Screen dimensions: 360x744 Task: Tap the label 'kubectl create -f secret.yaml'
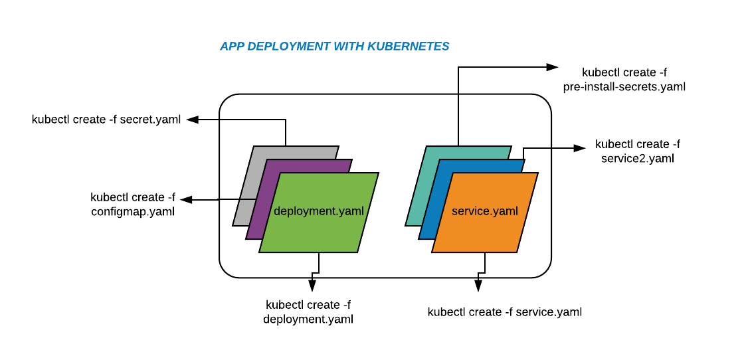[106, 120]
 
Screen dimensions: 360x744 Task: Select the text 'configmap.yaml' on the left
[133, 212]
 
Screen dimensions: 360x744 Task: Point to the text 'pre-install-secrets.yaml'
[624, 86]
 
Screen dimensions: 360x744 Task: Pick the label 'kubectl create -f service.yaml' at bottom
[505, 312]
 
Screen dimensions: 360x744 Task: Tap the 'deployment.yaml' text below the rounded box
[308, 319]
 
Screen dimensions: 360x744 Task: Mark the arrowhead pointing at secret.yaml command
[193, 120]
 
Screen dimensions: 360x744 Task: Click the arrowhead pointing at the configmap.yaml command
[187, 199]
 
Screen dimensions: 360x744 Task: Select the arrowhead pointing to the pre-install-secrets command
[552, 66]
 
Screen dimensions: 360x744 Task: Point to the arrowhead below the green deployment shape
[312, 286]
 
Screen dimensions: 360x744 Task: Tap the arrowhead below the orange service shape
[477, 286]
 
